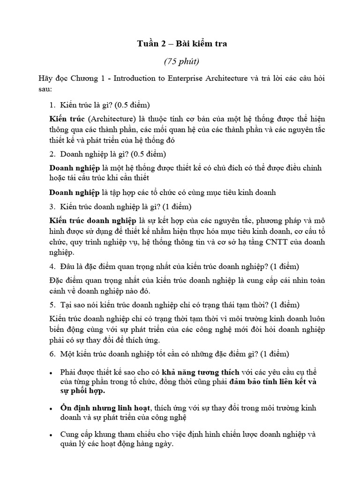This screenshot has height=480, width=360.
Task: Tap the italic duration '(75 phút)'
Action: tap(181, 61)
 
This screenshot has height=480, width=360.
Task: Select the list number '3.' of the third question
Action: tap(53, 206)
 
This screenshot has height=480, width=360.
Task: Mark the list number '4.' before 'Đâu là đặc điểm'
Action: tap(53, 267)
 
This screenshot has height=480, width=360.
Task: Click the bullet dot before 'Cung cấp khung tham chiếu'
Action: tap(50, 435)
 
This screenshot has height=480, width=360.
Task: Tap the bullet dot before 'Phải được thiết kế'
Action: tap(50, 373)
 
